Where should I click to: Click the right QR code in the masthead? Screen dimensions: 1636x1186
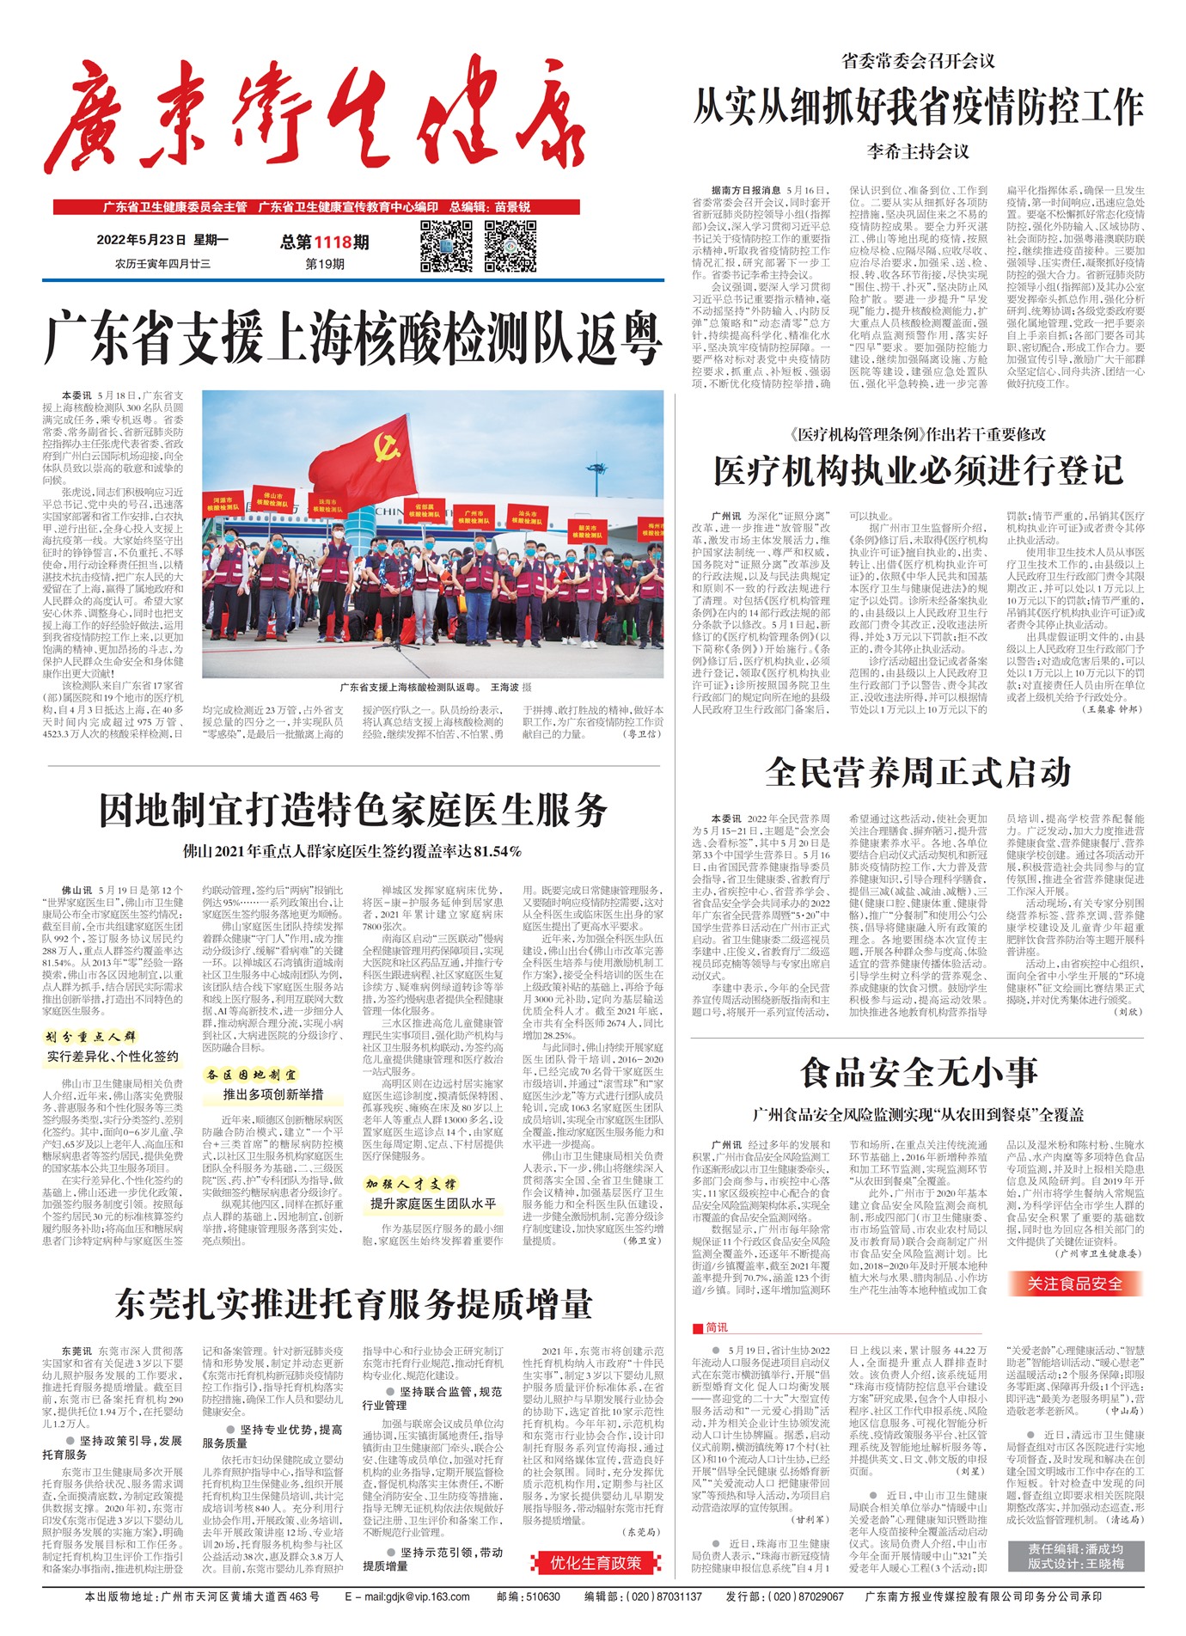pos(510,245)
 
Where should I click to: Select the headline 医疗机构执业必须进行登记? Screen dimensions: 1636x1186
pos(918,470)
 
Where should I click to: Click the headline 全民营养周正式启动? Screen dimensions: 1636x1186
pos(918,772)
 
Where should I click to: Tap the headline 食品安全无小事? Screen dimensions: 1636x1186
pos(918,1073)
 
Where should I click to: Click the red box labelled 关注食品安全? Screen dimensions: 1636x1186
pos(1074,1284)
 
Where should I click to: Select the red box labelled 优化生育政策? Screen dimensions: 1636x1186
pos(596,1563)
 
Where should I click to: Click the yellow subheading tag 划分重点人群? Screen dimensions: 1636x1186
pos(90,1037)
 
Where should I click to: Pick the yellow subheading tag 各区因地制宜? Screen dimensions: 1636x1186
pos(251,1075)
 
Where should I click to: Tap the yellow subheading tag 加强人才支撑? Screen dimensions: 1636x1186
pos(411,1184)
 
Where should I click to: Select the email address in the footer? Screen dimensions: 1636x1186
pos(407,1596)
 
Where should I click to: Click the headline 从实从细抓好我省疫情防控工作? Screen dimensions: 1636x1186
pos(918,107)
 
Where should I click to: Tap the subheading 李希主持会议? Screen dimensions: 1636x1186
pos(918,152)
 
